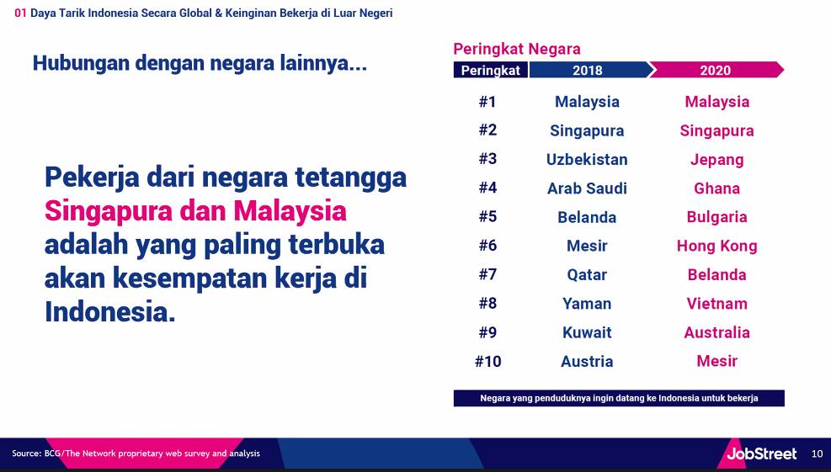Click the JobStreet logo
coord(761,453)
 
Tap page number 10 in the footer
coord(817,453)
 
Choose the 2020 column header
coord(716,70)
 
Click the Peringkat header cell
coord(490,70)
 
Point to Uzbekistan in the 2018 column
coord(587,160)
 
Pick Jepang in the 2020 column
coord(716,160)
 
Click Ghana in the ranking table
coord(716,188)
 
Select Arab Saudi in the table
coord(587,188)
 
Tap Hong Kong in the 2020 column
coord(716,247)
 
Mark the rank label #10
coord(487,361)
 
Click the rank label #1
coord(487,101)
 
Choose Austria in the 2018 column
coord(587,361)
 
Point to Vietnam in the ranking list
coord(716,304)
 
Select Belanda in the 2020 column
coord(716,274)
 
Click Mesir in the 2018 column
coord(587,246)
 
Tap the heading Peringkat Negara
coord(517,50)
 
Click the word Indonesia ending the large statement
coord(109,311)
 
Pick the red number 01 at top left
coord(20,13)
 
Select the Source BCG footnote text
coord(136,453)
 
